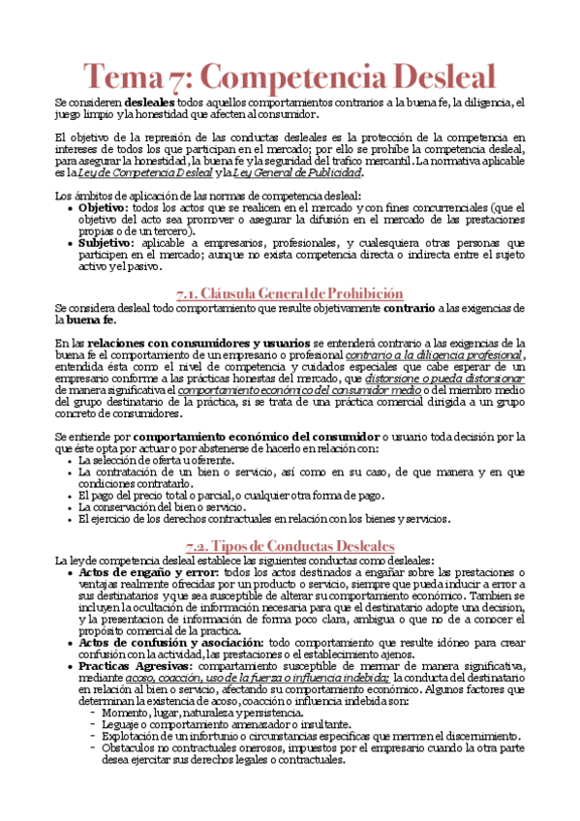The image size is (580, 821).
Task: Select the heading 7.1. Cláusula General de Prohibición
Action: (290, 292)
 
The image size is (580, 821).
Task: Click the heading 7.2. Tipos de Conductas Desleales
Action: (290, 545)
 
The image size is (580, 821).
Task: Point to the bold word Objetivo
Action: (103, 207)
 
